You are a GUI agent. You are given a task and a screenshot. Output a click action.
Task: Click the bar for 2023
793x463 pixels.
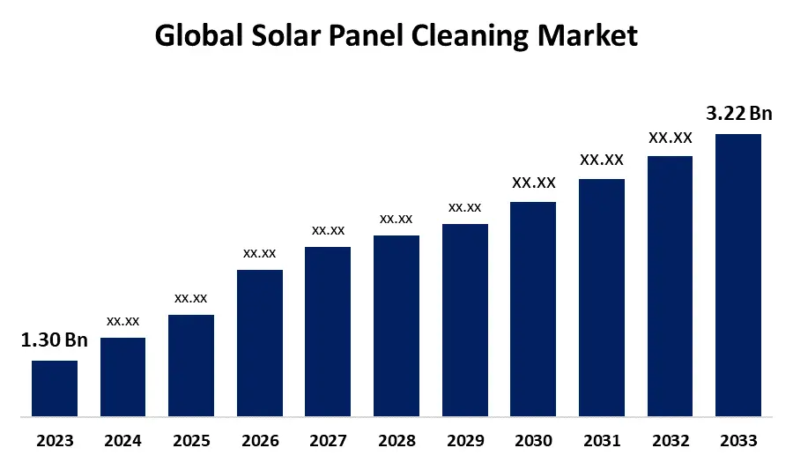(x=55, y=388)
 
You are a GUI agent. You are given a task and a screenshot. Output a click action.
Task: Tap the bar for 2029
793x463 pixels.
(x=465, y=319)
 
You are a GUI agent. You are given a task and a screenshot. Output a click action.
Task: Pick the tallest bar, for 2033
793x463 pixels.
(x=737, y=274)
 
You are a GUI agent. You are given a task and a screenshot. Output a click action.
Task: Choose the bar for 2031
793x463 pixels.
(x=602, y=297)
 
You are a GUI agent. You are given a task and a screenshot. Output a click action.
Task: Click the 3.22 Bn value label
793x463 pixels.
(x=738, y=113)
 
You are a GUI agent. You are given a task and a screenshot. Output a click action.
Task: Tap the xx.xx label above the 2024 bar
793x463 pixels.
(x=122, y=321)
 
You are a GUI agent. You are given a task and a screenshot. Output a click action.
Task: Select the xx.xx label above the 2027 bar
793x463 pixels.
(x=328, y=230)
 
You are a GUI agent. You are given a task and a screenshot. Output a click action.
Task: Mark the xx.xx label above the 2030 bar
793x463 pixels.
(x=533, y=183)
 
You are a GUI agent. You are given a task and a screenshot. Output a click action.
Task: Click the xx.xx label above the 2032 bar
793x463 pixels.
(x=671, y=138)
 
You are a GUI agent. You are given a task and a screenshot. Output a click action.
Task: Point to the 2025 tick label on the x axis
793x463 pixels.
(x=191, y=441)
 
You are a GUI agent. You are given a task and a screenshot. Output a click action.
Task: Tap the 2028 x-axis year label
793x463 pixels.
(x=396, y=441)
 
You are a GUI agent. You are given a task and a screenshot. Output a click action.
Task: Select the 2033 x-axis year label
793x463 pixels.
(x=738, y=441)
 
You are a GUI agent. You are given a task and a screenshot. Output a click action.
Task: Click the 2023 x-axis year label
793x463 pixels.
(x=55, y=441)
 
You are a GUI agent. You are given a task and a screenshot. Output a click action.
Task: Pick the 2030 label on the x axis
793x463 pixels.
(x=533, y=441)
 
